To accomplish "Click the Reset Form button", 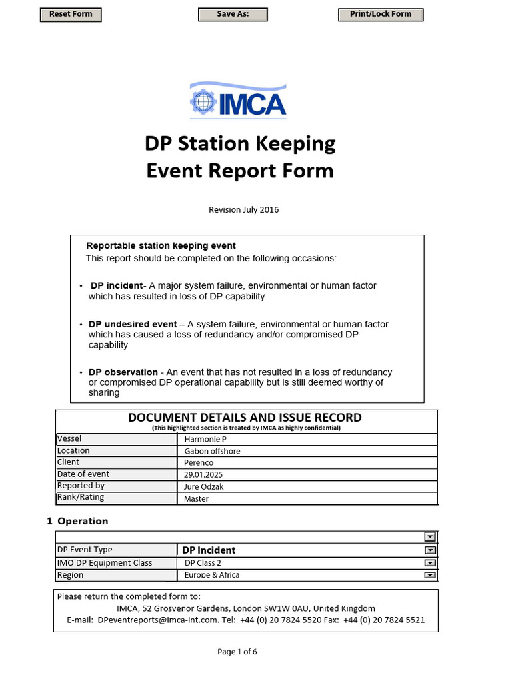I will (x=71, y=14).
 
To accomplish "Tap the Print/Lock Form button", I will (x=381, y=14).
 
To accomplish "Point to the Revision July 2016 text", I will (x=244, y=209).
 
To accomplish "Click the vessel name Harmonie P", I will (x=205, y=439).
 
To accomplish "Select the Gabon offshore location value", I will (x=212, y=451).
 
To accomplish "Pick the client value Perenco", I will (x=198, y=462).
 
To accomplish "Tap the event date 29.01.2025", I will (x=203, y=474).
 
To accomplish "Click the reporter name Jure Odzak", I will (x=204, y=486).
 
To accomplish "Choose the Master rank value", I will (x=196, y=498).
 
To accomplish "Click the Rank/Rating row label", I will (x=81, y=497).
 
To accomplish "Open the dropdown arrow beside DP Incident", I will (x=430, y=550).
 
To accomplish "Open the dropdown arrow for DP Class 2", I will (x=430, y=563).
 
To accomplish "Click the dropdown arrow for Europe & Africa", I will (x=430, y=575).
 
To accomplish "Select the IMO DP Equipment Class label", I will (x=104, y=563).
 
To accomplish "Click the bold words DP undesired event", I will (x=133, y=324).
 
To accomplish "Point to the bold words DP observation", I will (x=123, y=372).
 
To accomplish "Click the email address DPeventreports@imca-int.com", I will (x=158, y=620).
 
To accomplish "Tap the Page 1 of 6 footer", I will (x=237, y=652).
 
